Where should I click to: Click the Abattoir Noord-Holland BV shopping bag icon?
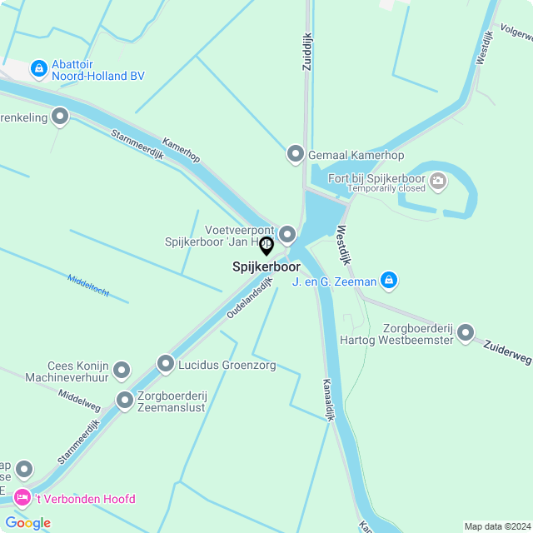point(38,67)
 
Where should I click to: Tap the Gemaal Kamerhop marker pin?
point(295,154)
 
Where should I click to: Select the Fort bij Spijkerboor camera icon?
point(438,180)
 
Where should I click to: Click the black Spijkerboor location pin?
point(266,247)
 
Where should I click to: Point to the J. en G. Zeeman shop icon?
point(388,281)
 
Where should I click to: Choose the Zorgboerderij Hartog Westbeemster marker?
point(466,333)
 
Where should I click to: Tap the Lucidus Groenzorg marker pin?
point(166,364)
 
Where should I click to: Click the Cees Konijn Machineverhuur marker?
point(122,370)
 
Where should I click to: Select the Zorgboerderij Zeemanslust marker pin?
point(125,401)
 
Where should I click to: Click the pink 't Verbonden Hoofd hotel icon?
point(22,498)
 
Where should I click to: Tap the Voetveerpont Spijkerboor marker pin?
point(287,234)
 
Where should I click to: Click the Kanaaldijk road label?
point(328,401)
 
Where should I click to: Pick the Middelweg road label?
point(79,401)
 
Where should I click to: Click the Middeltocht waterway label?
point(88,285)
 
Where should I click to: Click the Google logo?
point(27,522)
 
